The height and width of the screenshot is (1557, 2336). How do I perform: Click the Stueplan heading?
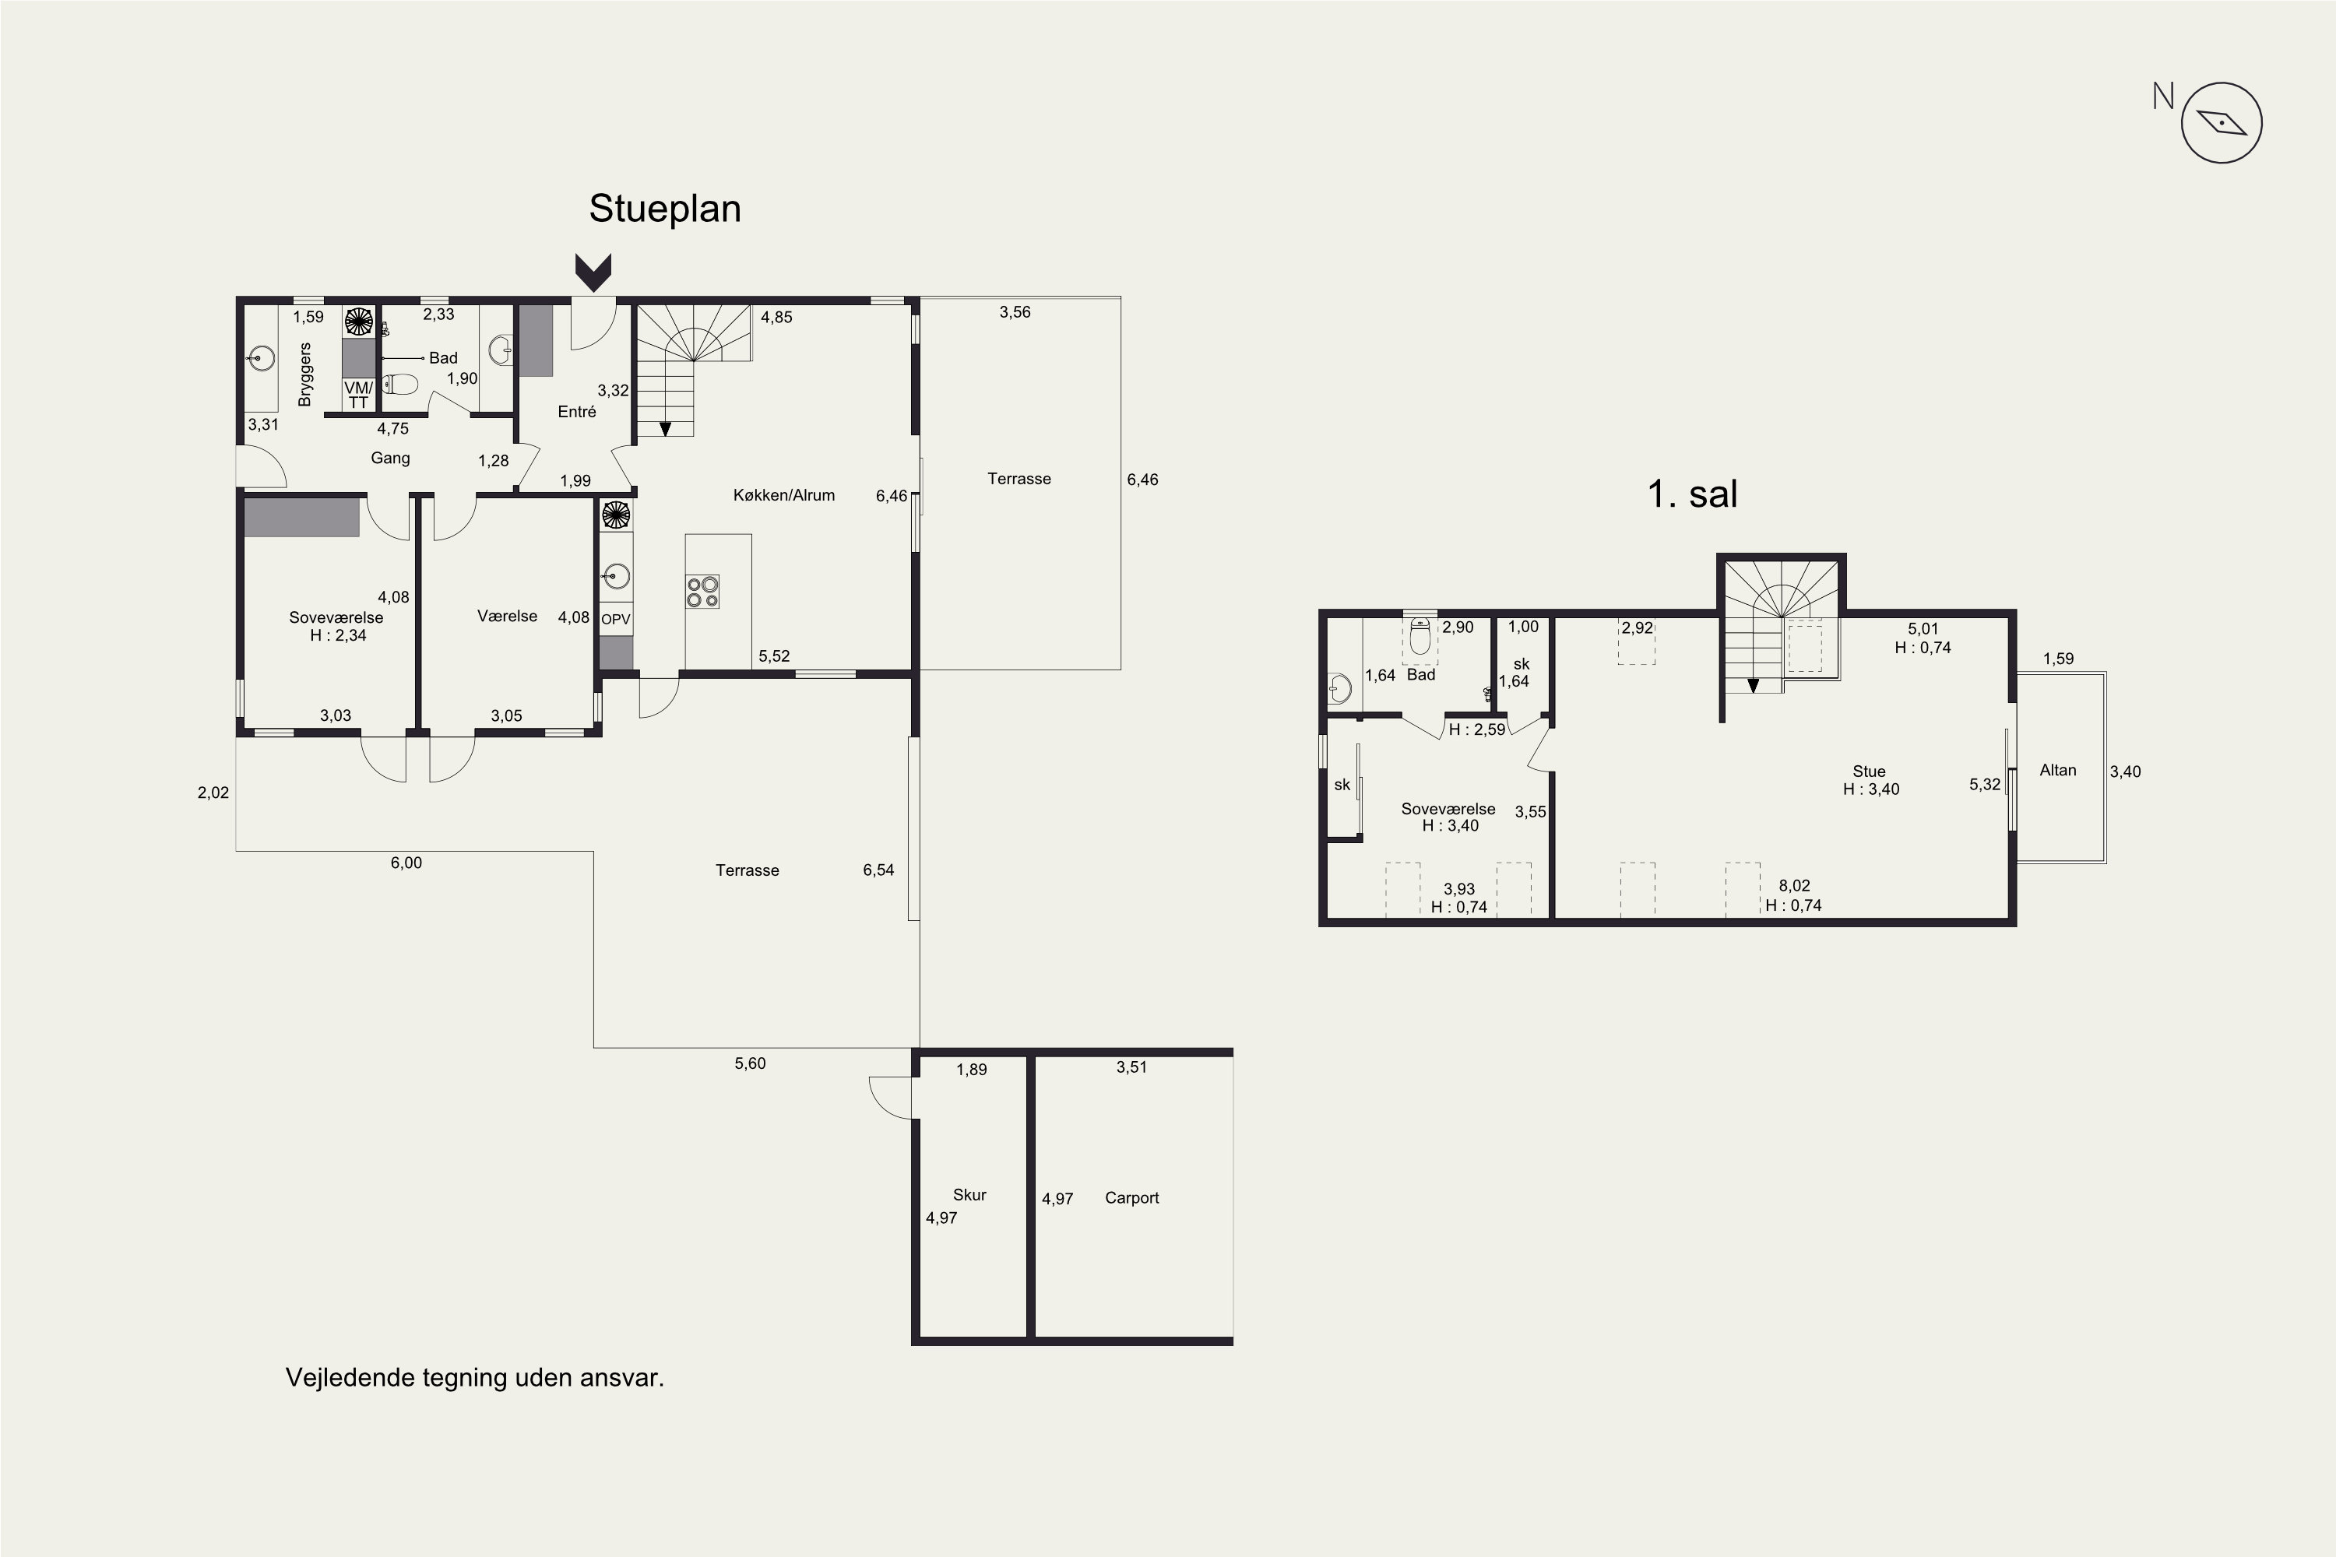tap(664, 209)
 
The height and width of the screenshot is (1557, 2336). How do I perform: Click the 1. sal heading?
tap(1692, 494)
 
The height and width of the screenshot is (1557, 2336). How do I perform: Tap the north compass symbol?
tap(2222, 123)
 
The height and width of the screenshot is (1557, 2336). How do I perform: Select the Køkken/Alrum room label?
tap(783, 494)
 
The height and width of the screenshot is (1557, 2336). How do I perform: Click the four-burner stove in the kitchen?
tap(702, 591)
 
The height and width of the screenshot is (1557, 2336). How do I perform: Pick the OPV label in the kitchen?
tap(616, 619)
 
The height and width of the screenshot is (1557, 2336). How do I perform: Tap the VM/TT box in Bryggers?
tap(358, 394)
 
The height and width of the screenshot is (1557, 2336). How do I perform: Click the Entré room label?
tap(577, 411)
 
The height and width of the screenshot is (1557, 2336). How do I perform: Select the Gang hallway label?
tap(390, 458)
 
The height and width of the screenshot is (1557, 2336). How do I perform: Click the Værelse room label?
tap(507, 616)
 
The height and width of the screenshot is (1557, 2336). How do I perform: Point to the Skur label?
tap(969, 1194)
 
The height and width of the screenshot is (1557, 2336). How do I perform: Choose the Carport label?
tap(1131, 1197)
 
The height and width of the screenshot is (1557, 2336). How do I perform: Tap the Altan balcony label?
tap(2057, 770)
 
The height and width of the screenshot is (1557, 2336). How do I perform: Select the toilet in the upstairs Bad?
tap(1420, 637)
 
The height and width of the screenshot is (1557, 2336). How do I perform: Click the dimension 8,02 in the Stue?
tap(1794, 886)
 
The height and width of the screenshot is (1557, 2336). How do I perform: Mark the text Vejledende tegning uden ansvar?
tap(475, 1378)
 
